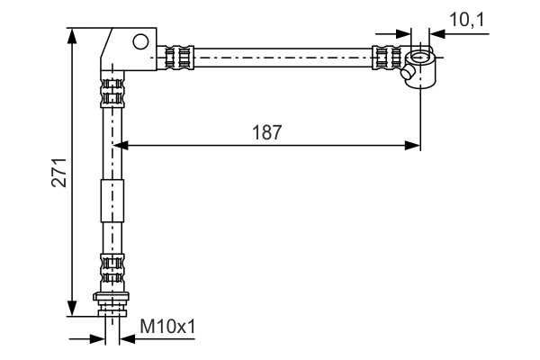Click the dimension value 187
267,131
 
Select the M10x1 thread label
166,328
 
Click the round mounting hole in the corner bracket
140,40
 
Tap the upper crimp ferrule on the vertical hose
112,91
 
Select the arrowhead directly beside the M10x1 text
123,339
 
